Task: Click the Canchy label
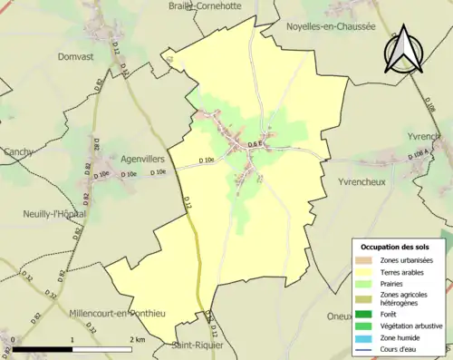click(17, 151)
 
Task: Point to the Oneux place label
click(340, 316)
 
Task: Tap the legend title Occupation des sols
click(395, 246)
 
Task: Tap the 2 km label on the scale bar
click(138, 338)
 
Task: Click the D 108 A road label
click(419, 156)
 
